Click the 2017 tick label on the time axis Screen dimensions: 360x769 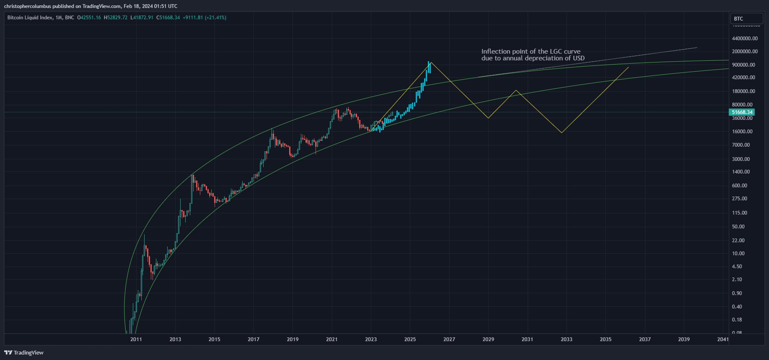pyautogui.click(x=254, y=339)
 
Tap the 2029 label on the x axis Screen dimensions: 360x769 pyautogui.click(x=488, y=339)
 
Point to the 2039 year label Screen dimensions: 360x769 pyautogui.click(x=684, y=339)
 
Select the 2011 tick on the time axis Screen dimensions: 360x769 pyautogui.click(x=136, y=339)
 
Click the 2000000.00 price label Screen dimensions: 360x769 pyautogui.click(x=745, y=52)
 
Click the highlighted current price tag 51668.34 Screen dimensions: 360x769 pyautogui.click(x=742, y=112)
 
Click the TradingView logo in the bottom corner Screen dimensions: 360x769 pyautogui.click(x=24, y=352)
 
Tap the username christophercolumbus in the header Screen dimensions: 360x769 pyautogui.click(x=27, y=6)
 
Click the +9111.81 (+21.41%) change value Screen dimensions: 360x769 pyautogui.click(x=205, y=18)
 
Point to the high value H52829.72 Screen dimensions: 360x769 pyautogui.click(x=116, y=18)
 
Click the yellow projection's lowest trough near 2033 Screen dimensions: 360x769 pyautogui.click(x=562, y=133)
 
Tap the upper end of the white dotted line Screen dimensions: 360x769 pyautogui.click(x=697, y=48)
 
